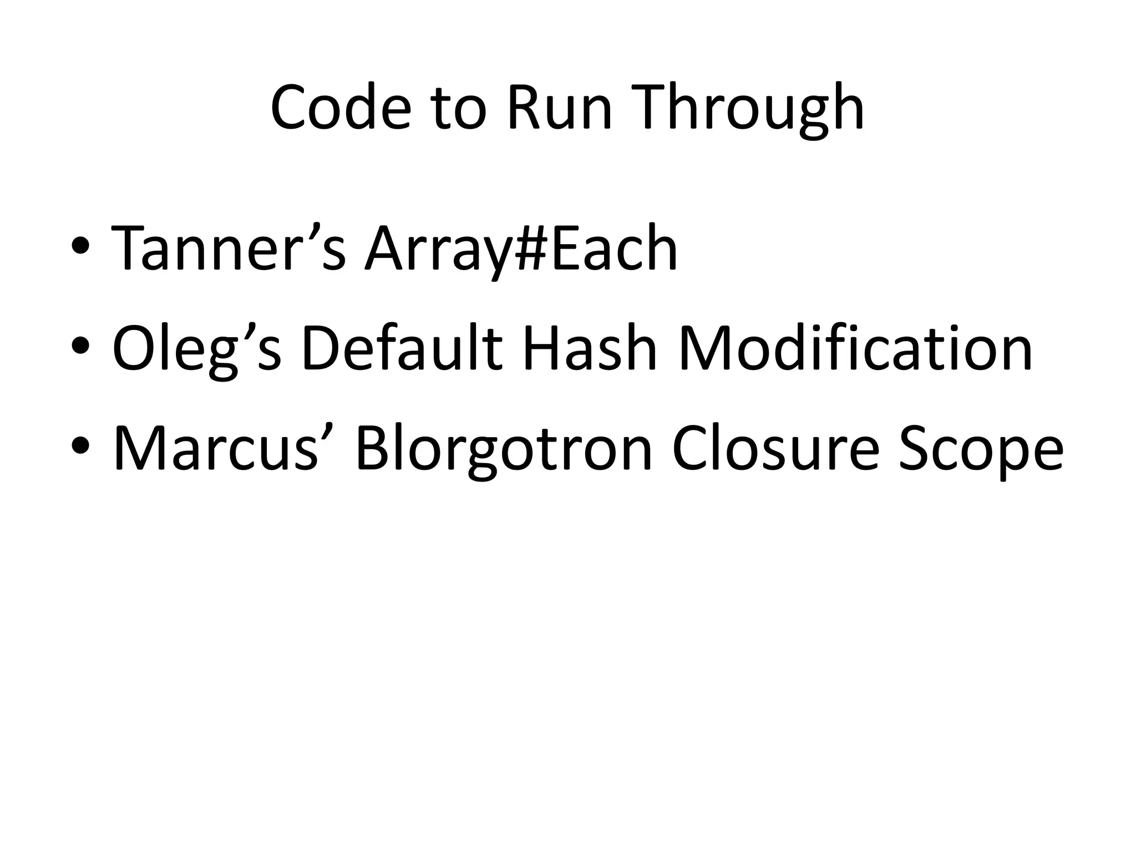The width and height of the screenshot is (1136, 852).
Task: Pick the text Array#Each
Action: coord(521,248)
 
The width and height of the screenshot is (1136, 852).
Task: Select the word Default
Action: coord(402,348)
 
